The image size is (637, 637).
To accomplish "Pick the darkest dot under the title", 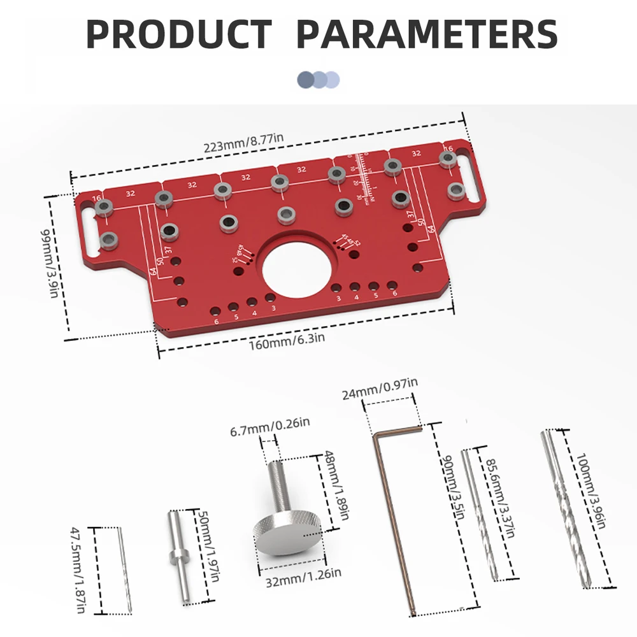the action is pyautogui.click(x=306, y=80).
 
